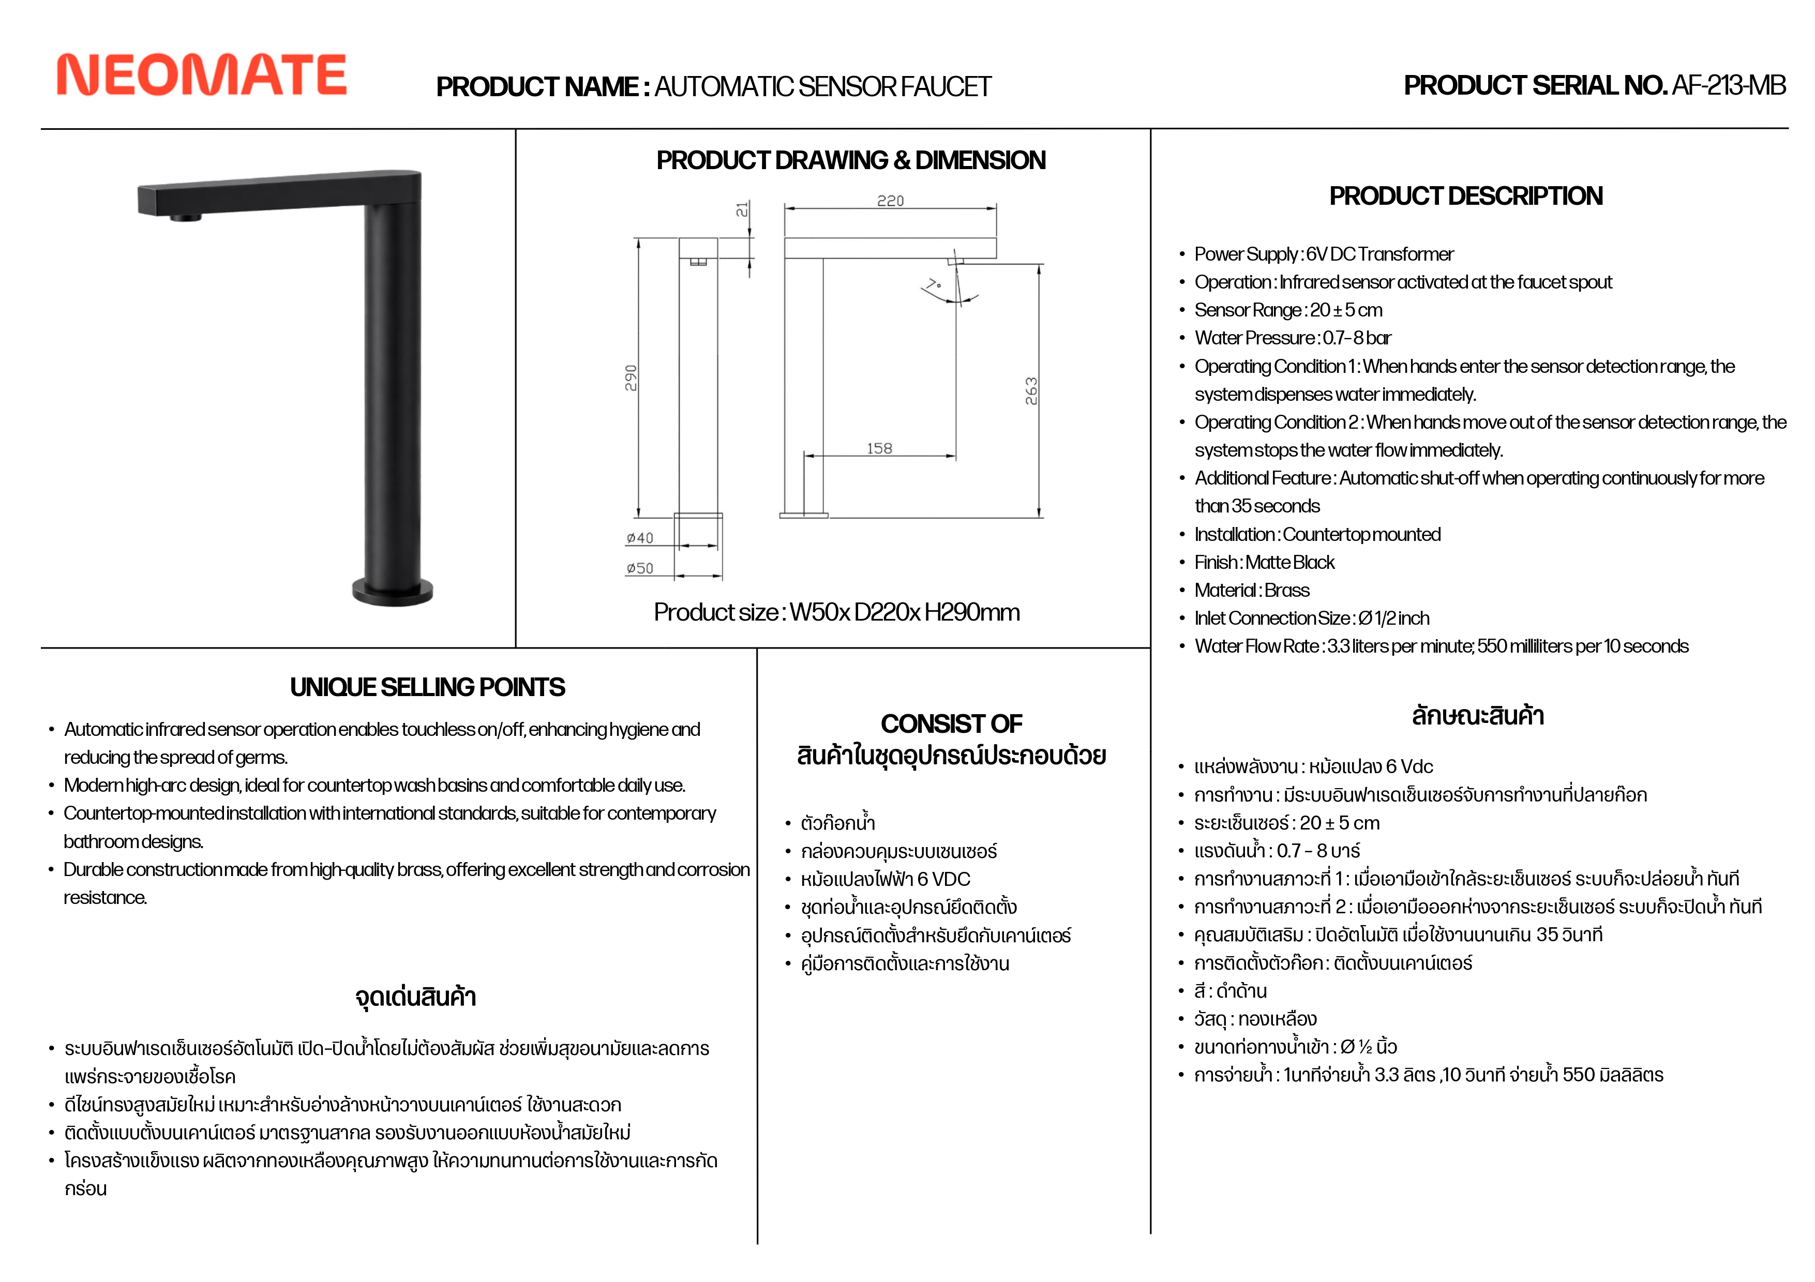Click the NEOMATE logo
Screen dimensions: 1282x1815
pyautogui.click(x=202, y=75)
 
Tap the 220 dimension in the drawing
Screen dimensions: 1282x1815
pyautogui.click(x=890, y=201)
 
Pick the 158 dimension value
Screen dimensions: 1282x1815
pyautogui.click(x=879, y=448)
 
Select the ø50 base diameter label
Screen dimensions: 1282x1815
pyautogui.click(x=639, y=568)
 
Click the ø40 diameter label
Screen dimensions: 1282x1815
pyautogui.click(x=639, y=538)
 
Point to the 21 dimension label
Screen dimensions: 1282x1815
pyautogui.click(x=742, y=209)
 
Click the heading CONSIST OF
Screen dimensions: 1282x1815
pyautogui.click(x=951, y=723)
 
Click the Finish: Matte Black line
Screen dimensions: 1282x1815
pyautogui.click(x=1264, y=562)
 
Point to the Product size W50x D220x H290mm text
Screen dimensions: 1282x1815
pyautogui.click(x=836, y=612)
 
